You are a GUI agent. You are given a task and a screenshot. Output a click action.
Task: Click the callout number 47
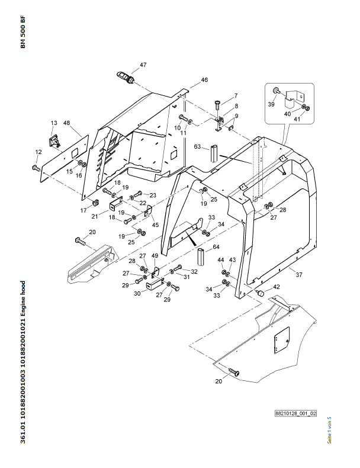click(143, 65)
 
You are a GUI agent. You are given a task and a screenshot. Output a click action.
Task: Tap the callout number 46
click(204, 80)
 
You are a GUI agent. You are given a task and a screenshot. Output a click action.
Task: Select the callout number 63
click(197, 146)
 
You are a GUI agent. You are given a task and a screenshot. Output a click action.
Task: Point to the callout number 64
click(216, 247)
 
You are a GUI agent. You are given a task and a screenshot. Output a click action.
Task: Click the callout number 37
click(299, 275)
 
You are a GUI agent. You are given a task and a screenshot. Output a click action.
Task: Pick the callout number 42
click(277, 287)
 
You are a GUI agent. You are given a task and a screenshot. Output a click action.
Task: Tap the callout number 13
click(54, 123)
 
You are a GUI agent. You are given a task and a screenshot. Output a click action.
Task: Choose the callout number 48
click(66, 123)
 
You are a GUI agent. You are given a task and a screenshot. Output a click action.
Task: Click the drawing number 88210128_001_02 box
click(295, 413)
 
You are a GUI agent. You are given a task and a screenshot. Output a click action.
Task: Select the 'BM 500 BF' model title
click(23, 31)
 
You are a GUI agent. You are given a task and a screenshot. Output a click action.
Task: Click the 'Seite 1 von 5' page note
click(329, 430)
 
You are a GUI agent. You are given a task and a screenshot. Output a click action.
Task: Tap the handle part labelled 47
click(126, 77)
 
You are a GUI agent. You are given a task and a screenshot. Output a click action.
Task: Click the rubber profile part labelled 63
click(215, 153)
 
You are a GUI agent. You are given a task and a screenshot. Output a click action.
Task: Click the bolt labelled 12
click(36, 168)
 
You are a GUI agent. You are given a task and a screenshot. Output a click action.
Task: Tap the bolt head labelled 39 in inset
click(275, 90)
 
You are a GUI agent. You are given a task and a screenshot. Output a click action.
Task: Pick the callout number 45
click(155, 225)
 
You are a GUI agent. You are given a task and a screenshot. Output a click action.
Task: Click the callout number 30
click(137, 294)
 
